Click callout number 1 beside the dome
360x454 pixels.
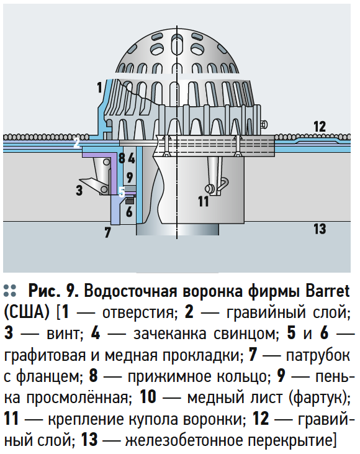[x=99, y=88]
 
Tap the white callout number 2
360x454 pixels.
[x=76, y=143]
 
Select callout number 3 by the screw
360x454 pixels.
[x=79, y=191]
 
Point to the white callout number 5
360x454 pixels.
[x=122, y=192]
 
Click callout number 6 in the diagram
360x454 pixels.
[x=129, y=212]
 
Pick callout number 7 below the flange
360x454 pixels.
[x=107, y=232]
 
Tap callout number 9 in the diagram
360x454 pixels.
[x=129, y=177]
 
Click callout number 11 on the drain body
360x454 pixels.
[x=204, y=201]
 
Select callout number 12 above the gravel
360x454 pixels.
[x=320, y=127]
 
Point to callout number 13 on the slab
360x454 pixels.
[x=320, y=229]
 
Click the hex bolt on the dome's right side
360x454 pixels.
[x=264, y=124]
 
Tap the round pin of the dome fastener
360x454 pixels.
[x=208, y=189]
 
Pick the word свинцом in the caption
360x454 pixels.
[x=245, y=334]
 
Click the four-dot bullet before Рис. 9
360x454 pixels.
[x=10, y=291]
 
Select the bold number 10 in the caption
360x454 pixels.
[x=148, y=397]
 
